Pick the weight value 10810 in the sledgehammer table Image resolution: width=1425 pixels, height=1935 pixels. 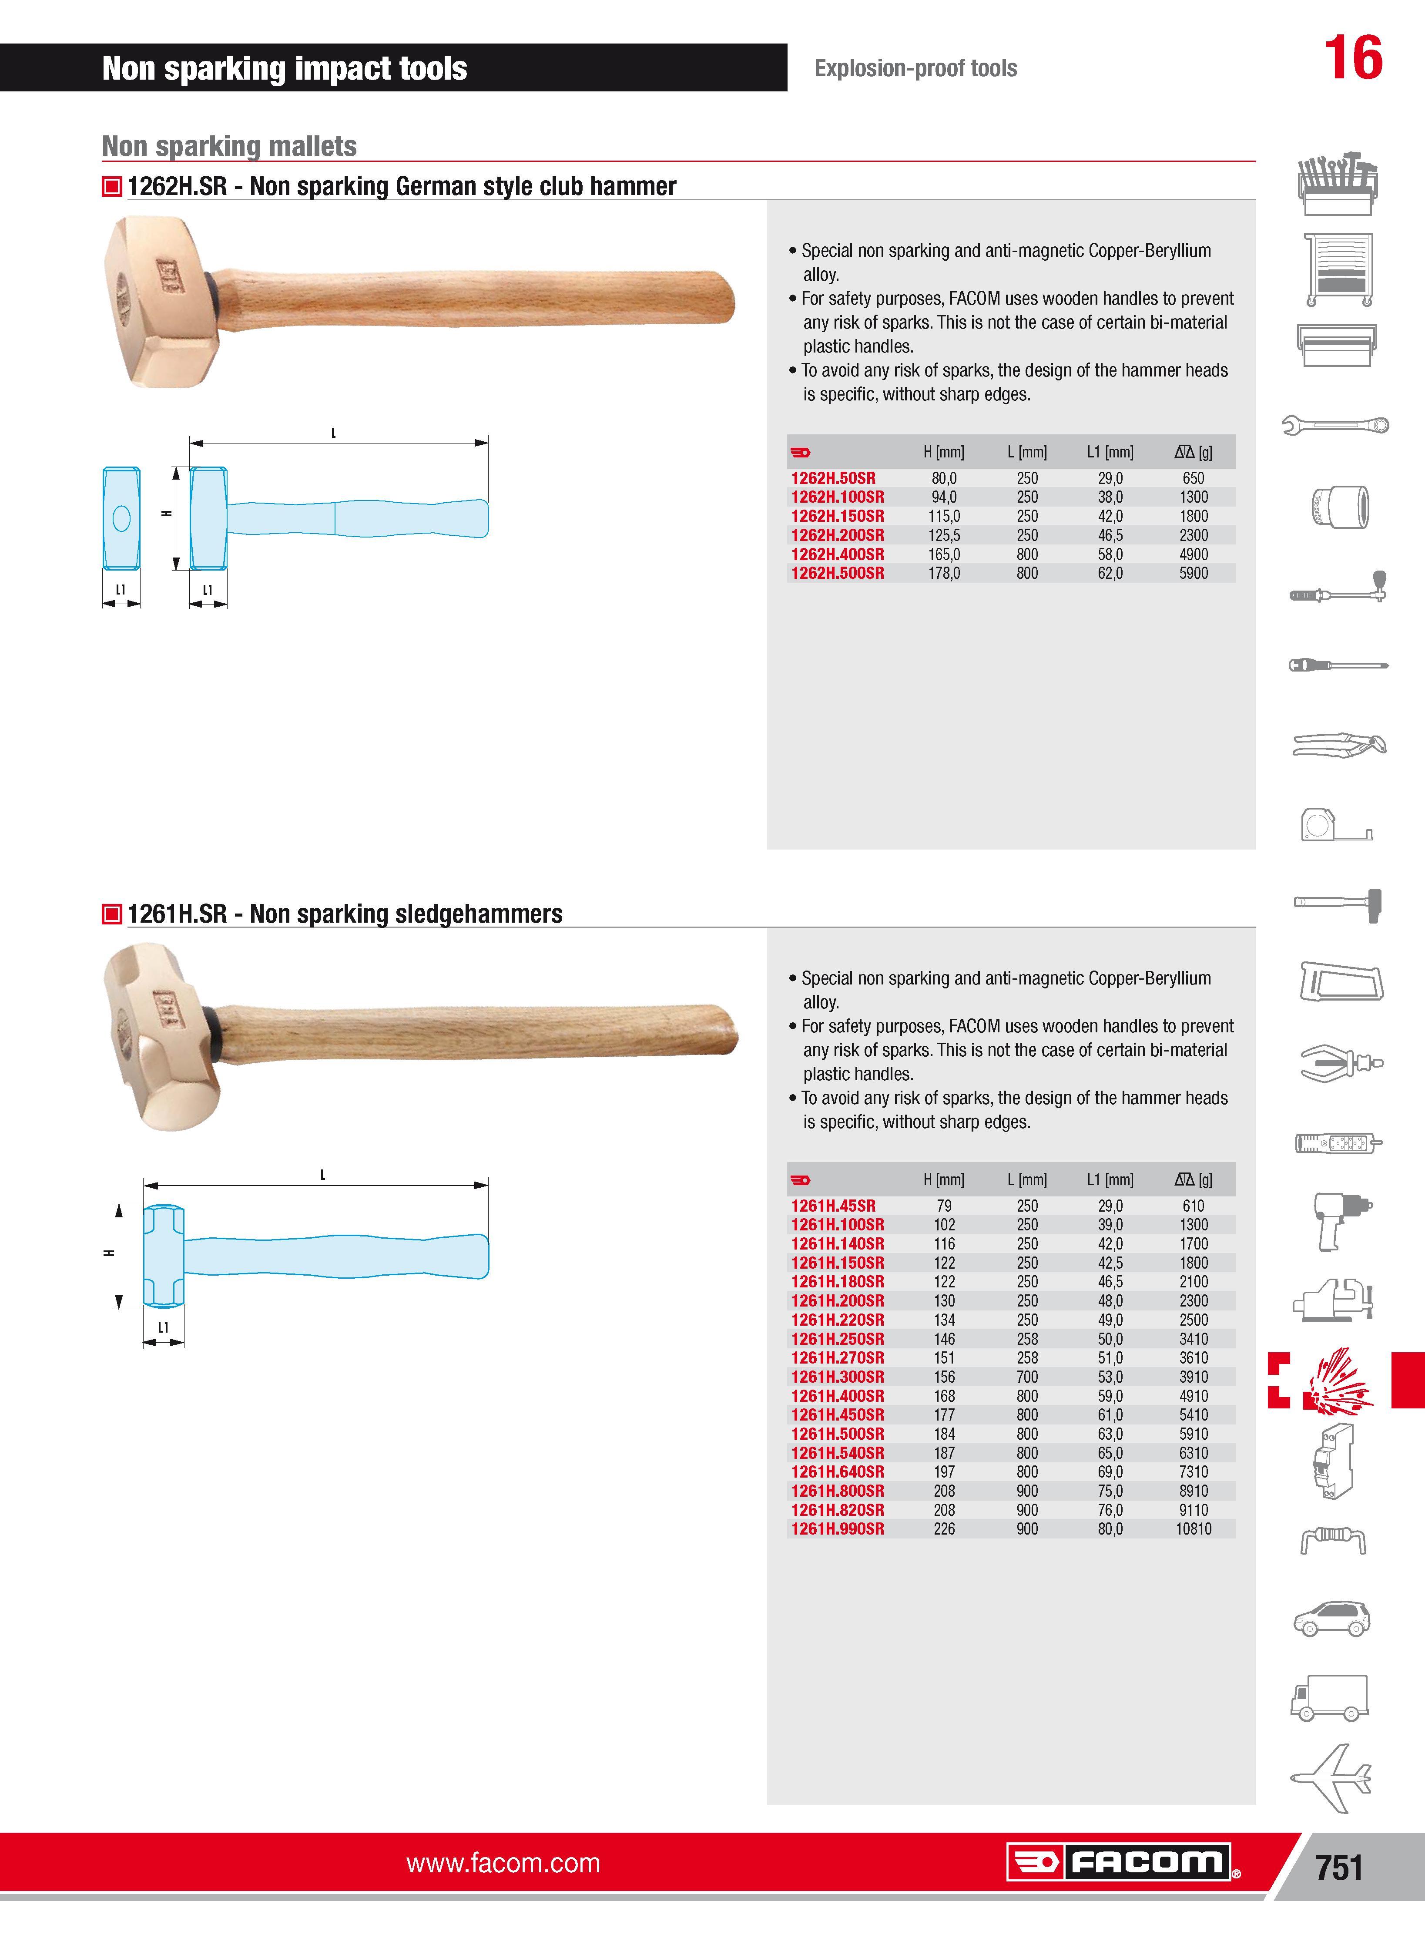click(1193, 1529)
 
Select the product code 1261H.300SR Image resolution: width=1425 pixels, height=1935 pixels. click(837, 1377)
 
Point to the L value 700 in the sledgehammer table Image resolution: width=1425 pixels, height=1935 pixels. click(1026, 1377)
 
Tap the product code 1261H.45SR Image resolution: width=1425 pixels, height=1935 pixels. click(832, 1206)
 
